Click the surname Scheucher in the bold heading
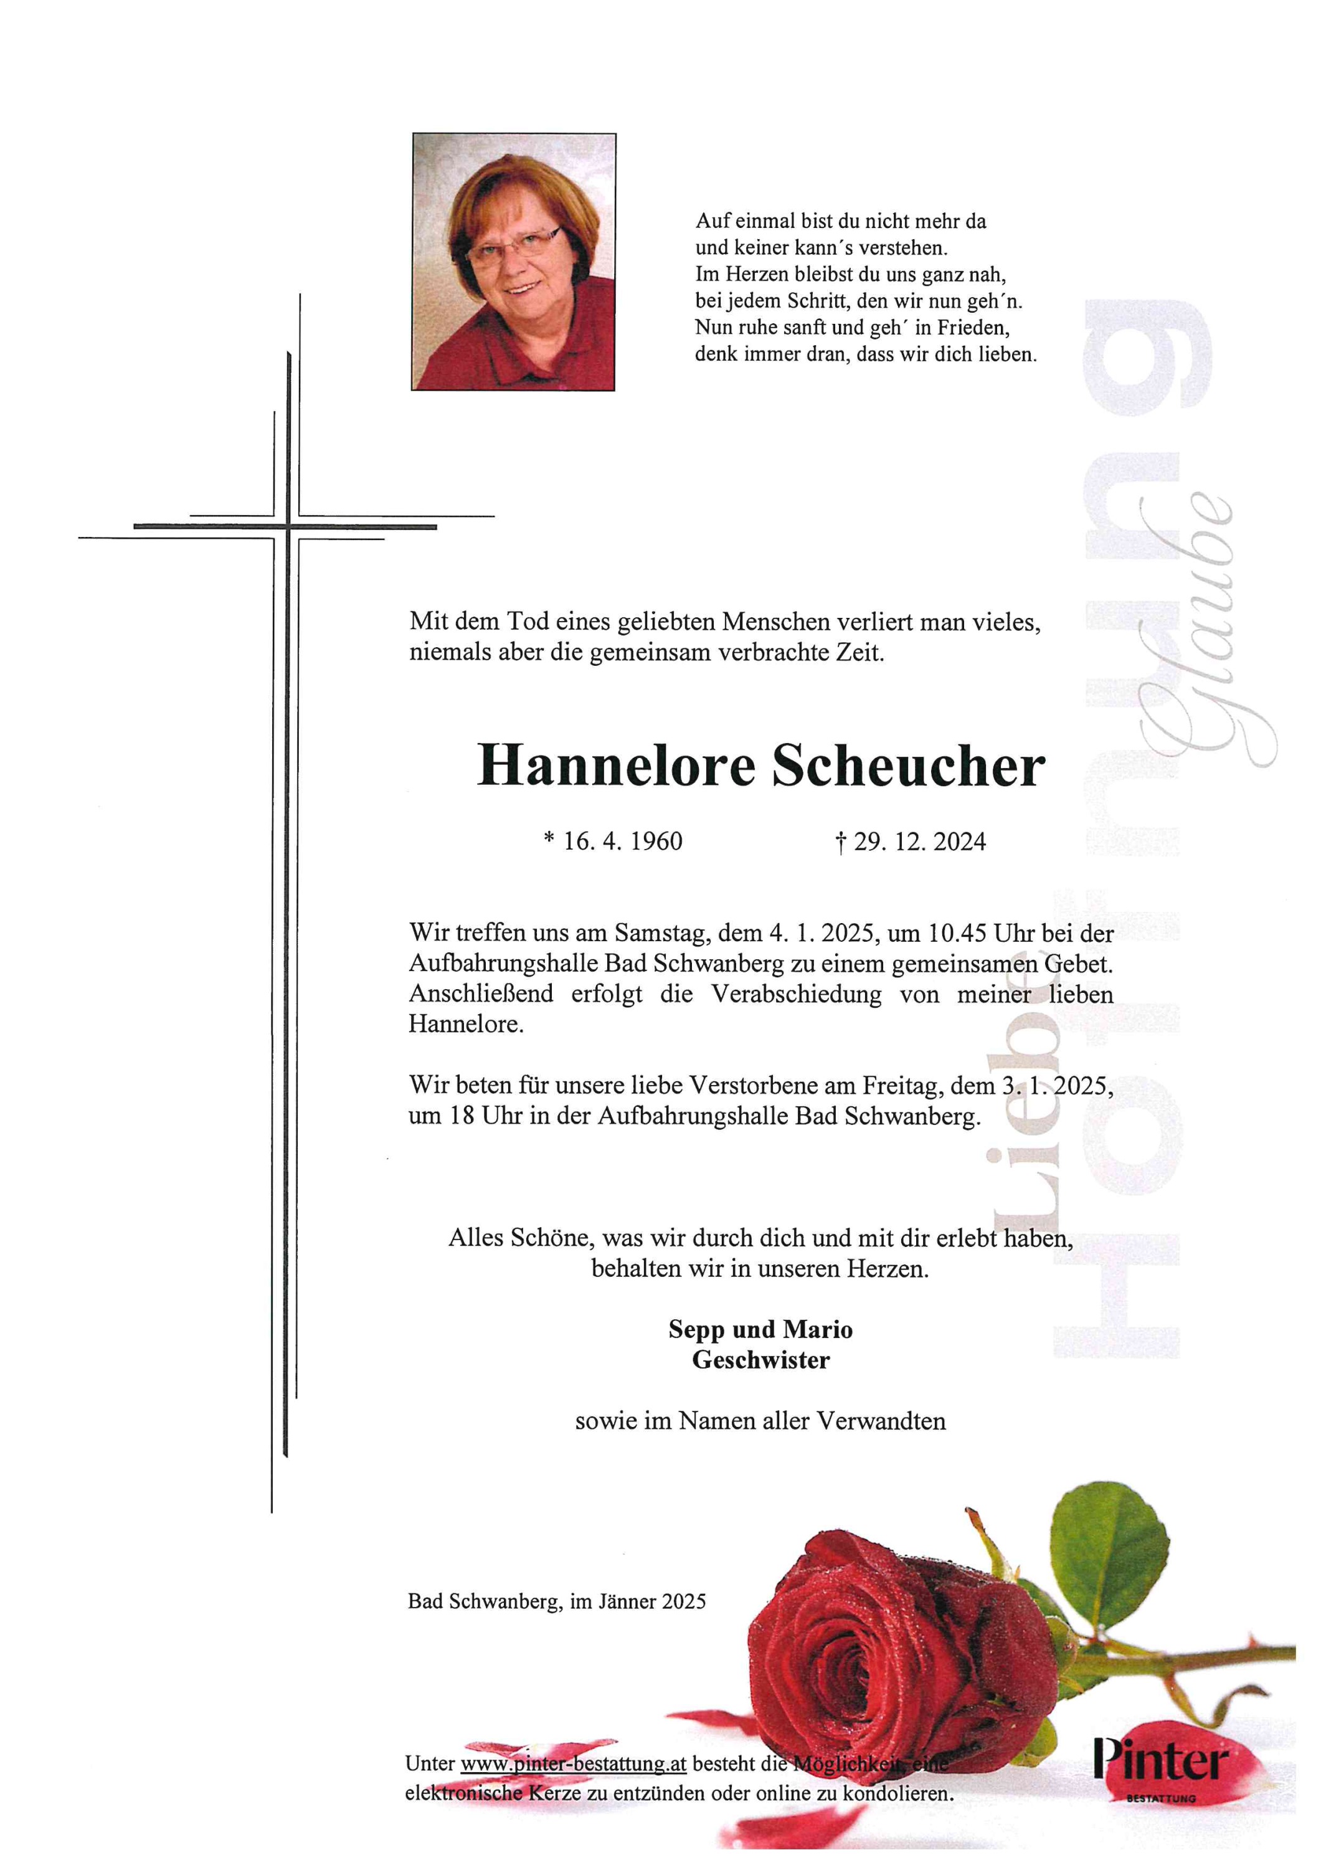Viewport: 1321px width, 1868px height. pos(908,767)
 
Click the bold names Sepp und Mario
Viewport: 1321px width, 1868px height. pos(760,1329)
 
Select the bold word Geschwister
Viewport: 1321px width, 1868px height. pos(760,1360)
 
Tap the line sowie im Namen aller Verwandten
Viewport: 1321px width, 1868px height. pos(760,1421)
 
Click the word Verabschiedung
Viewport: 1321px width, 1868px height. pos(795,994)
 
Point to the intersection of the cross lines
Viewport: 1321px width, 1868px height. pos(287,527)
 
